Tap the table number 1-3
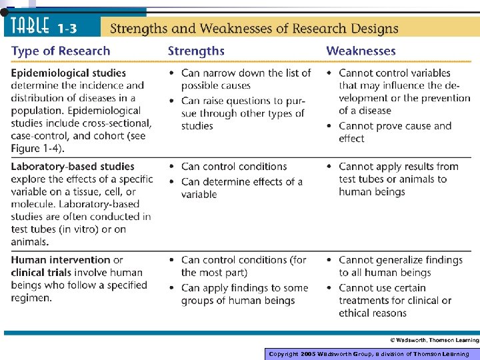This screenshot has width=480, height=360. [x=70, y=28]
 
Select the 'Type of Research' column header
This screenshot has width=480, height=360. [x=61, y=51]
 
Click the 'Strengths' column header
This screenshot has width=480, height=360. [x=196, y=51]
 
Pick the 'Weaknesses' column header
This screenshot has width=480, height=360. [x=361, y=51]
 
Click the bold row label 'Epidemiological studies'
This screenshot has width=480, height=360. [x=68, y=73]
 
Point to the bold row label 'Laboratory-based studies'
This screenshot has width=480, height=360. [x=73, y=167]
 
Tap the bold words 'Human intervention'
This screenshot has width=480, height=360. [x=61, y=260]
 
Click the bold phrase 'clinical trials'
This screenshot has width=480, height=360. [x=41, y=273]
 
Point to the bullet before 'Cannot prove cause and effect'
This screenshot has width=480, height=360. [x=330, y=127]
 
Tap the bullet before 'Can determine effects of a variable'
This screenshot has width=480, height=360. [x=173, y=182]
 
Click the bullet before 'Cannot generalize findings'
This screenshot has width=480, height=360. [x=330, y=260]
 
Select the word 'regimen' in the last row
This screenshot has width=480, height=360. [x=31, y=298]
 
